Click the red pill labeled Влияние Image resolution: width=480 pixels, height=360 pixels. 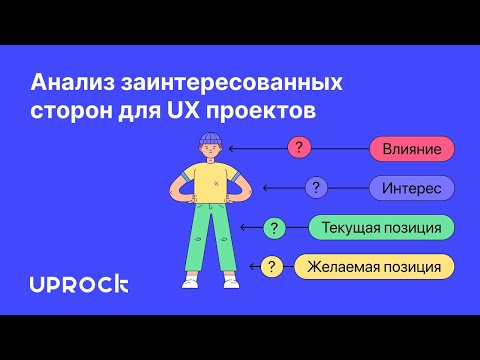[412, 150]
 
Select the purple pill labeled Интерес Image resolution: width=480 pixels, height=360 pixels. [412, 188]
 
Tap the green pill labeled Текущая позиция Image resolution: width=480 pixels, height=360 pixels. [381, 228]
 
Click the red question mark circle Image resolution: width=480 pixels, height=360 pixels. [299, 149]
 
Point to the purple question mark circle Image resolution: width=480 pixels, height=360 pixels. [316, 188]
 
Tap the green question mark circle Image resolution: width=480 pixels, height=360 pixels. [274, 228]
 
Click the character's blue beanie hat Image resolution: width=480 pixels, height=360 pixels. [210, 137]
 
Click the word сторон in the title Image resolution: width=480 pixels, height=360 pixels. [70, 108]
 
